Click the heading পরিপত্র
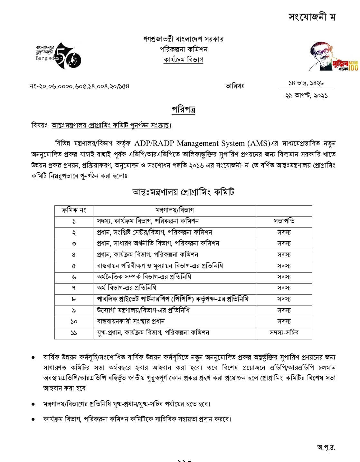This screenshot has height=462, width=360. (183, 110)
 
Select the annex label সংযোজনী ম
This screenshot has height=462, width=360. (312, 17)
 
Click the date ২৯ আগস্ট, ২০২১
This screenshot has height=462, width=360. (306, 96)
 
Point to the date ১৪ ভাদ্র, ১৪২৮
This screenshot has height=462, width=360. (306, 83)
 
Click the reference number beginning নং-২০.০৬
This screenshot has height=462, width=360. (79, 86)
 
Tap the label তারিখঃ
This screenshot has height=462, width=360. (234, 86)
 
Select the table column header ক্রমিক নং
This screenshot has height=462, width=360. (74, 210)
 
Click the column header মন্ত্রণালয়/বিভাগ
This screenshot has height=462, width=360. (175, 210)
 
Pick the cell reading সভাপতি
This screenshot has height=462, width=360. (284, 221)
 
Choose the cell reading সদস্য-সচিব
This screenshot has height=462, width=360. (284, 332)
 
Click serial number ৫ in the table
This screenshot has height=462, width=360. (74, 266)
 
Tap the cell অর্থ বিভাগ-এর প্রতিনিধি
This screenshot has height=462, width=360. (127, 288)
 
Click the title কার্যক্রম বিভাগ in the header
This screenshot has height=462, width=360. (183, 60)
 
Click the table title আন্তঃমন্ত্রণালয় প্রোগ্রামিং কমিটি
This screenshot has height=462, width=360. (183, 192)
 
